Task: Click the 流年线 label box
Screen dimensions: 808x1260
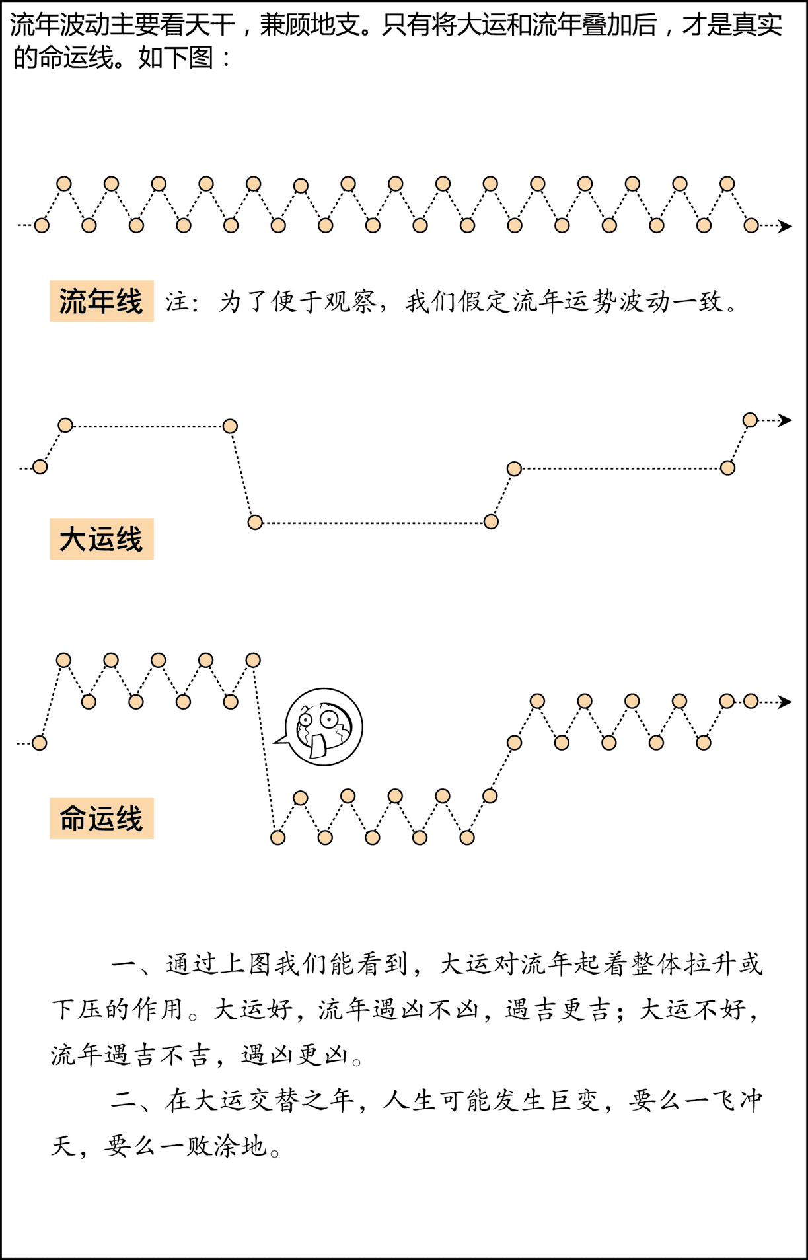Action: click(x=102, y=301)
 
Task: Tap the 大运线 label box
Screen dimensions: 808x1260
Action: click(x=102, y=539)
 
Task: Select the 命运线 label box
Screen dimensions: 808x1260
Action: click(x=102, y=819)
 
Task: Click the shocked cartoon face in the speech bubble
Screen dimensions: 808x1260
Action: click(x=324, y=727)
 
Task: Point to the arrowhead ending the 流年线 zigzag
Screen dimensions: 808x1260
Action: click(x=785, y=226)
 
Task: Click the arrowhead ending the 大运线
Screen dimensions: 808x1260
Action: click(x=785, y=420)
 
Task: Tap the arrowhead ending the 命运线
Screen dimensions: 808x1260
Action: click(x=785, y=702)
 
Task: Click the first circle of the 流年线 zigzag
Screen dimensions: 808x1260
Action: click(x=42, y=225)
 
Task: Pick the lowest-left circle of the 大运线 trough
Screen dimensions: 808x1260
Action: click(x=255, y=523)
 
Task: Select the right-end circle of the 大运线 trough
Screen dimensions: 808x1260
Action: click(x=491, y=522)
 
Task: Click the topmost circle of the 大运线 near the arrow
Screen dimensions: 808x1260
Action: click(x=750, y=420)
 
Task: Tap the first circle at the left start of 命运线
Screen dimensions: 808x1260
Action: click(x=40, y=743)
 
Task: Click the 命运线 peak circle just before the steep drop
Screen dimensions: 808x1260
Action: click(x=253, y=660)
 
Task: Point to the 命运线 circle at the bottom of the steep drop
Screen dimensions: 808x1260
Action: click(x=278, y=838)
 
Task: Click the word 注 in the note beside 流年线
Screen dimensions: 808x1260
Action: click(x=178, y=302)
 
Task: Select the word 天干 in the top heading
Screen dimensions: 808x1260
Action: click(x=210, y=25)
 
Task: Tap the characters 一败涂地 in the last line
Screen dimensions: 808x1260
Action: click(x=213, y=1146)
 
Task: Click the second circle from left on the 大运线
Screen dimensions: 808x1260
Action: click(x=65, y=425)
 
